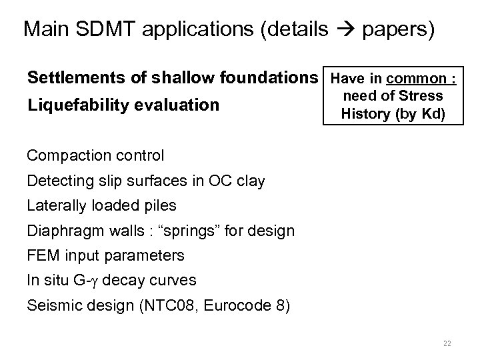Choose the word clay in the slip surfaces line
pos(251,181)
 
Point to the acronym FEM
pos(43,255)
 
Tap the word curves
pos(174,280)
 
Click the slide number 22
pos(447,343)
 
